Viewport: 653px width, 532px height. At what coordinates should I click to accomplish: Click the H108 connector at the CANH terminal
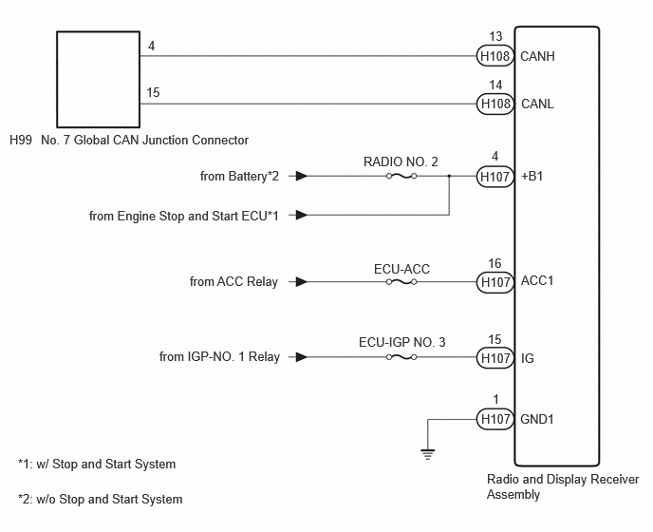click(494, 56)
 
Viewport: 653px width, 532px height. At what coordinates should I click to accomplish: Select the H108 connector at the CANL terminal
click(494, 104)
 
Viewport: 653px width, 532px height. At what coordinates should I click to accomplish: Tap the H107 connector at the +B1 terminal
click(494, 177)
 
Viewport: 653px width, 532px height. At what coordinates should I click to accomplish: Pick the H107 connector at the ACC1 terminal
click(494, 282)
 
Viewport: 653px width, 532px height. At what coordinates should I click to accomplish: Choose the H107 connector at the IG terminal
click(494, 358)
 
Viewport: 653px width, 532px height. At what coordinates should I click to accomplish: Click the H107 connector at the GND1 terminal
click(494, 419)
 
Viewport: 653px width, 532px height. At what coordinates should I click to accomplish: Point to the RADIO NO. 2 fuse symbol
click(401, 176)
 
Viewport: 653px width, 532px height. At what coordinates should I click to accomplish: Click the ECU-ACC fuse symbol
click(401, 282)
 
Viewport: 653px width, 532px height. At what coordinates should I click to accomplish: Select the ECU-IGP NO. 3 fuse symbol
click(401, 357)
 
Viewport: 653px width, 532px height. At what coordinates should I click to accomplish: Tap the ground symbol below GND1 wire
click(428, 453)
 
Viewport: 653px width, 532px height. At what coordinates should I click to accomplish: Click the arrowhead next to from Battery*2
click(302, 176)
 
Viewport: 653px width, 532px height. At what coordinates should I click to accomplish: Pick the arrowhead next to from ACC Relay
click(302, 282)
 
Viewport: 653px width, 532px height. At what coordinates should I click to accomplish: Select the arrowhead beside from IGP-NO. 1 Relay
click(302, 357)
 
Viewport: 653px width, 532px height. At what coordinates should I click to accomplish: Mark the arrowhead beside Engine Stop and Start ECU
click(302, 215)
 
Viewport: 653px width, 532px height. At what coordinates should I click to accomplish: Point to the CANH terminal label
click(537, 56)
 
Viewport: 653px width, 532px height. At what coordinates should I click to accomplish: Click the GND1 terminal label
click(537, 419)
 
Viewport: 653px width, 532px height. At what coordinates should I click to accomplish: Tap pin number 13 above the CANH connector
click(495, 37)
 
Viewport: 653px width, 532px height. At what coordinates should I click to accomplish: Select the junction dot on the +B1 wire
click(449, 176)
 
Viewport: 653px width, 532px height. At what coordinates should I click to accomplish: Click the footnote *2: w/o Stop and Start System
click(101, 499)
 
